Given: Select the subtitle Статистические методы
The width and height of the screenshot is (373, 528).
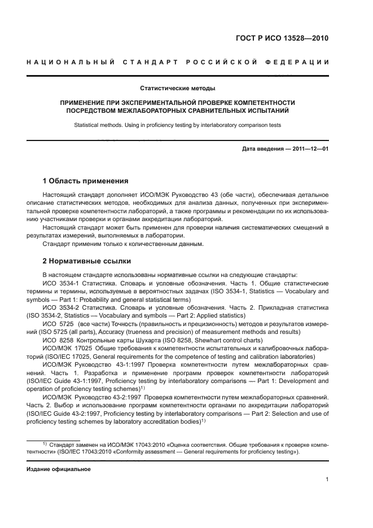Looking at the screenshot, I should [178, 88].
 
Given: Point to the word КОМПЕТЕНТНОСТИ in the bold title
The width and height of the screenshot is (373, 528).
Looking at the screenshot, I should [256, 102].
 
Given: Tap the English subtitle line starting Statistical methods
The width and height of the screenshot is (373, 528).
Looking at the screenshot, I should [178, 125].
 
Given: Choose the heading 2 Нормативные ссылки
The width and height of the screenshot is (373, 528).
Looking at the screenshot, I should [87, 261].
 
